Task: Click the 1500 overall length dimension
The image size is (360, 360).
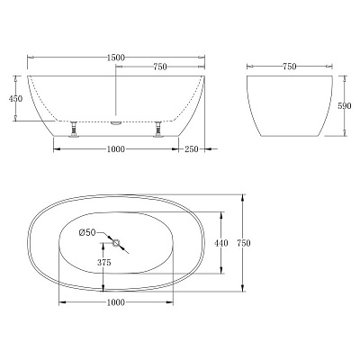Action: (x=113, y=56)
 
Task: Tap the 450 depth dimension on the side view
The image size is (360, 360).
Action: (x=15, y=100)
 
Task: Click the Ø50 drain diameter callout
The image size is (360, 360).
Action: (x=88, y=233)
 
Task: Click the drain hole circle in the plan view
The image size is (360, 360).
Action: (x=115, y=241)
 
